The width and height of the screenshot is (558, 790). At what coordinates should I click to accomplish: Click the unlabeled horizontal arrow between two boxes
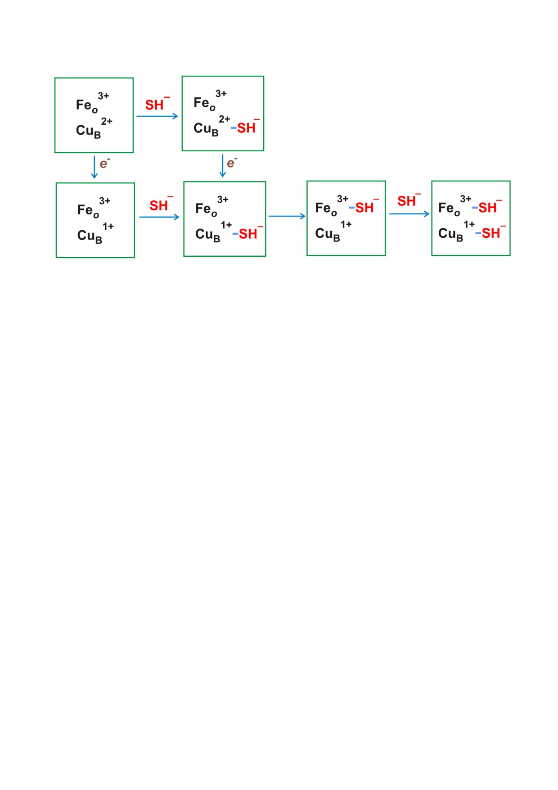[x=287, y=216]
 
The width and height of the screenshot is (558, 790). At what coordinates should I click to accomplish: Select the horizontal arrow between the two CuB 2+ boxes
[x=157, y=116]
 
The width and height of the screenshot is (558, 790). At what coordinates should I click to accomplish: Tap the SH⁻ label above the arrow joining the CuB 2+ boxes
[x=157, y=104]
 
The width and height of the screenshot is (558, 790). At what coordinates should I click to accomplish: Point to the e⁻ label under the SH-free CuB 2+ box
[x=105, y=163]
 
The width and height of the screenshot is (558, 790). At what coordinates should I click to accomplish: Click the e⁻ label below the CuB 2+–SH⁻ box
[x=232, y=162]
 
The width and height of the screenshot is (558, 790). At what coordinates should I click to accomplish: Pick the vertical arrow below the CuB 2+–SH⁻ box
[x=222, y=166]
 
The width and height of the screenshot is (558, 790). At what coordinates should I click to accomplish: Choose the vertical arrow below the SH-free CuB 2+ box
[x=94, y=167]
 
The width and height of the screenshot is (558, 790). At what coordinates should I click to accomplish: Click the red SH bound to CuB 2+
[x=247, y=128]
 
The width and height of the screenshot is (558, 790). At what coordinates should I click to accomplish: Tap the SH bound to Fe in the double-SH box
[x=487, y=208]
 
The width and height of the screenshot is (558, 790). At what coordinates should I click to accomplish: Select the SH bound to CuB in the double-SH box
[x=491, y=233]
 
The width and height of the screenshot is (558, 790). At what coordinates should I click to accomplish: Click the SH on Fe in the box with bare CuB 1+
[x=364, y=208]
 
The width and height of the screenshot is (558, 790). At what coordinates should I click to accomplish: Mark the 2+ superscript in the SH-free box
[x=107, y=121]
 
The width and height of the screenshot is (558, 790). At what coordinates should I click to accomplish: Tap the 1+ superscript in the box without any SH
[x=108, y=226]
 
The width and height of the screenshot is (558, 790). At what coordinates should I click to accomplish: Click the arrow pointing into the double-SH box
[x=409, y=214]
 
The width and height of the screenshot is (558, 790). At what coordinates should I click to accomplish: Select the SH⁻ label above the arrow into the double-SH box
[x=409, y=200]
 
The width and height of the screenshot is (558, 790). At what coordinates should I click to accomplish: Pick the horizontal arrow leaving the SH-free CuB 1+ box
[x=159, y=217]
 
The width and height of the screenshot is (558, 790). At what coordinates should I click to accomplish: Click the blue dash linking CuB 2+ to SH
[x=234, y=128]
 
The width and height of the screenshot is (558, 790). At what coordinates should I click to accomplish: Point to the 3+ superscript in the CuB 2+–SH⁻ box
[x=221, y=94]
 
